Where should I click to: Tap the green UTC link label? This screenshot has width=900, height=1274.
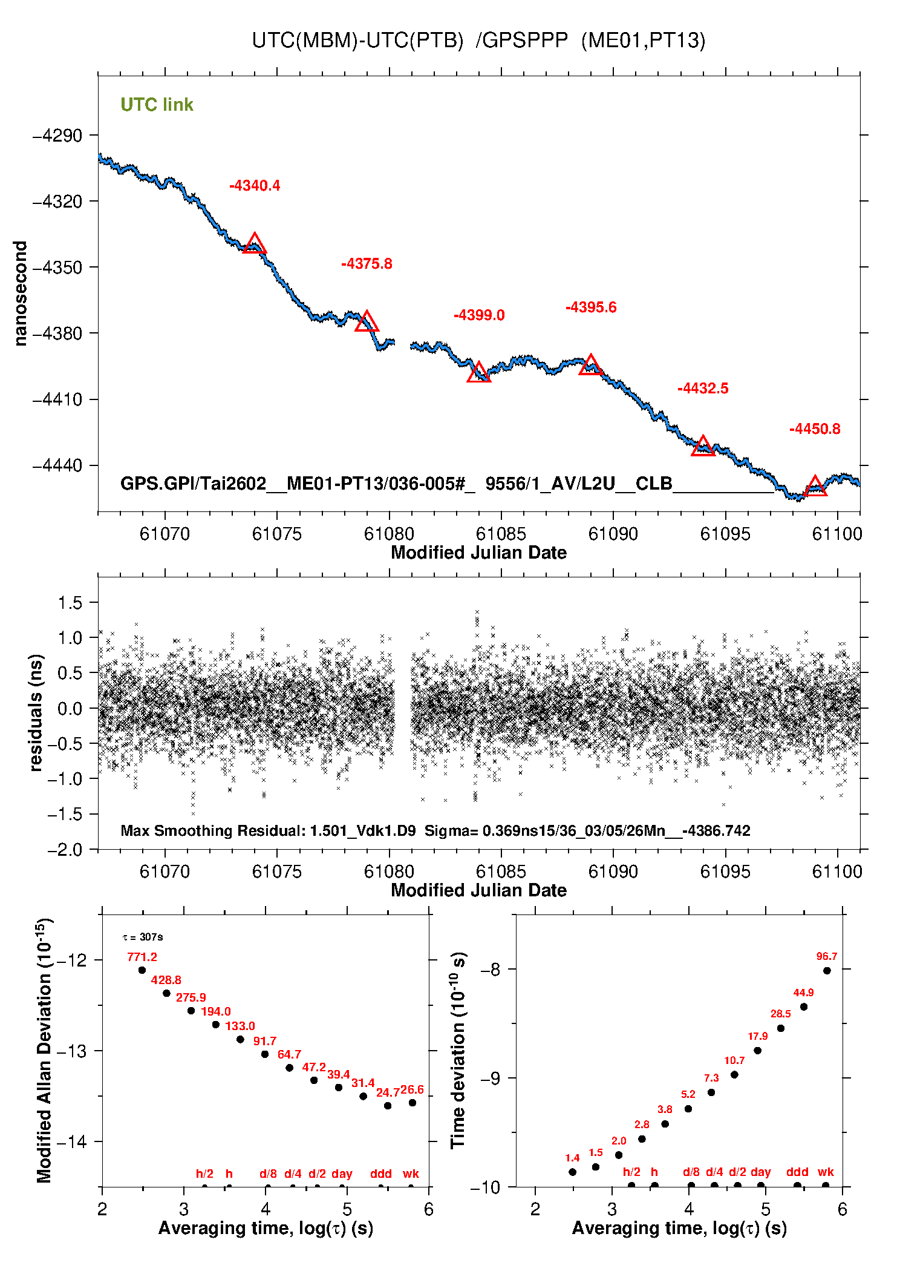click(157, 105)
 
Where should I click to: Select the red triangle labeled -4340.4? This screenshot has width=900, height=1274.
click(255, 244)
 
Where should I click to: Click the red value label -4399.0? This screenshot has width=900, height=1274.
click(479, 315)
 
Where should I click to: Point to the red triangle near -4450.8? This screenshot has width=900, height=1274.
click(815, 487)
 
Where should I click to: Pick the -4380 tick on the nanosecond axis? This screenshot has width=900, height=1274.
click(57, 333)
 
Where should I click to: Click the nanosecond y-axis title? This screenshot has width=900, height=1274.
click(21, 294)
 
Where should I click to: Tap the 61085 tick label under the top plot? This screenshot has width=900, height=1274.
click(501, 534)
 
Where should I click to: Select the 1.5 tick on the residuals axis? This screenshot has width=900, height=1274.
click(70, 603)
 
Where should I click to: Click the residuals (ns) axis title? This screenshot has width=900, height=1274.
click(36, 712)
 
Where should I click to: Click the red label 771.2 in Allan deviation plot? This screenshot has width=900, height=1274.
click(142, 957)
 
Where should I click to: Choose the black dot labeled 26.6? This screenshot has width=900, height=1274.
click(412, 1103)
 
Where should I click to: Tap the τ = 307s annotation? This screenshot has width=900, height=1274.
click(143, 937)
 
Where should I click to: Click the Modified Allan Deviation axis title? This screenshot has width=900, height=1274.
click(44, 1051)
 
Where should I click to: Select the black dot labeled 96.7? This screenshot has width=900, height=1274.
click(827, 971)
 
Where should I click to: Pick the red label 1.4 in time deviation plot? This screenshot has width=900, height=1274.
click(572, 1158)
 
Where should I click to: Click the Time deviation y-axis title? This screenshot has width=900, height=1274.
click(458, 1051)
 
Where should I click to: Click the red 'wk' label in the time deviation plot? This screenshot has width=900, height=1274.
click(826, 1172)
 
